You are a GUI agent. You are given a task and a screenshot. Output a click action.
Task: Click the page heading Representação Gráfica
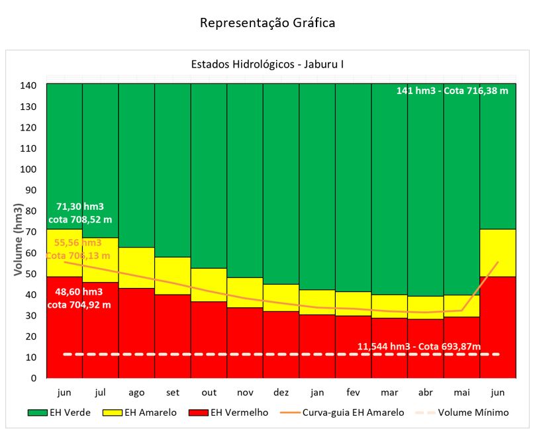click(x=267, y=23)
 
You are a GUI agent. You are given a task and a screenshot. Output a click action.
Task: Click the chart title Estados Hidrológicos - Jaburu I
click(x=267, y=65)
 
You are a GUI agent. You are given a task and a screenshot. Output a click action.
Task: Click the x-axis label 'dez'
click(x=281, y=392)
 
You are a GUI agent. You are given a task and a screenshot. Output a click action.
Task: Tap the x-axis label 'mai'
click(x=461, y=392)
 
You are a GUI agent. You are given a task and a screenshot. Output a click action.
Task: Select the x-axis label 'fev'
click(x=353, y=392)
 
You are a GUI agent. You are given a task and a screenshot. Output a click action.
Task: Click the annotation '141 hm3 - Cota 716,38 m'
click(x=452, y=91)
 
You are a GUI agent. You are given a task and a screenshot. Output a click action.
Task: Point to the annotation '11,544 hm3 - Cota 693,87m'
click(x=419, y=346)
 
